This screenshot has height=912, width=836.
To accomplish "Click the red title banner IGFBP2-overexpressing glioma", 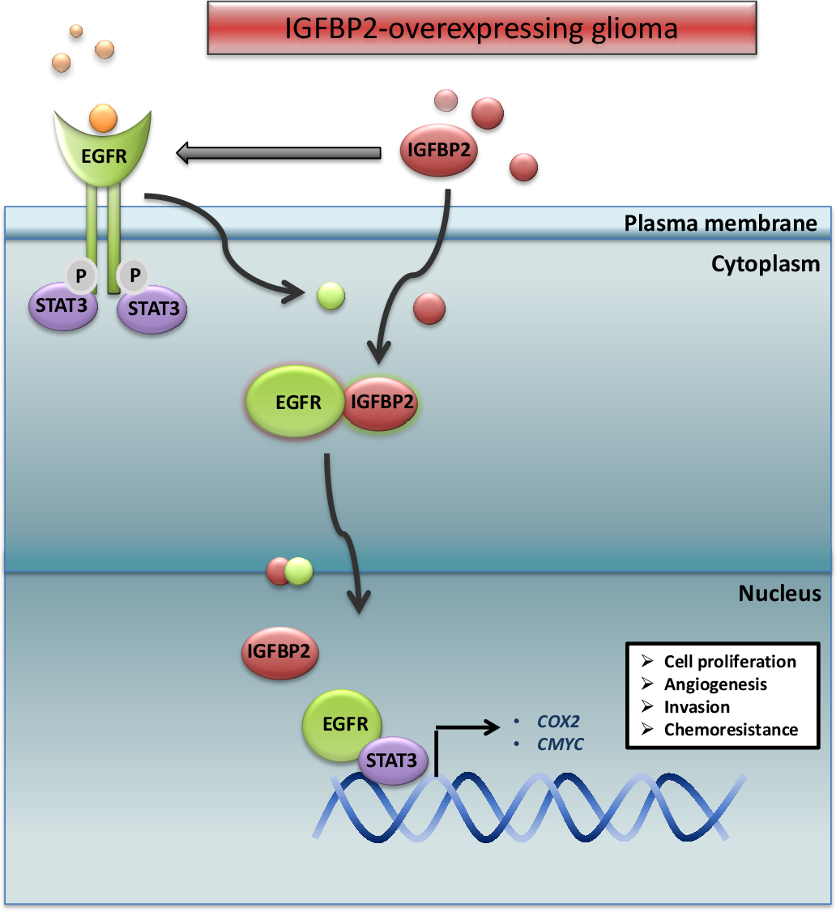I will click(x=481, y=29).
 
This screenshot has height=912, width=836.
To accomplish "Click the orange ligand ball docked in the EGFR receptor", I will click(x=104, y=118).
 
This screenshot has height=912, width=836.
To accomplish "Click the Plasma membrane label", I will click(x=720, y=224).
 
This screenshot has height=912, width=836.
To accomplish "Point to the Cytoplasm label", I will click(x=766, y=264).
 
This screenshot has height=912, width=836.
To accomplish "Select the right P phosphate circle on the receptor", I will click(x=134, y=275).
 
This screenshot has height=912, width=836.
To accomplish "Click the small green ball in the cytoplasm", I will click(x=331, y=296).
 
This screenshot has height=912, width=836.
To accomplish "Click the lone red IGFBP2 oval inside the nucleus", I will click(x=279, y=650).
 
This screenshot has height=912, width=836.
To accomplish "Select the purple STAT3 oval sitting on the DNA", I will click(x=391, y=761).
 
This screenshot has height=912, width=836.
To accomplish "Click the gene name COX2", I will click(x=558, y=720).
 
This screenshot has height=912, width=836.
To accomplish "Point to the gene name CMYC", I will click(x=560, y=744).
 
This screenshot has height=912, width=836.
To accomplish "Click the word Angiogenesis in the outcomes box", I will click(x=714, y=684).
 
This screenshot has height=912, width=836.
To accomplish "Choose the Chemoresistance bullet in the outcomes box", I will click(x=730, y=730).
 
